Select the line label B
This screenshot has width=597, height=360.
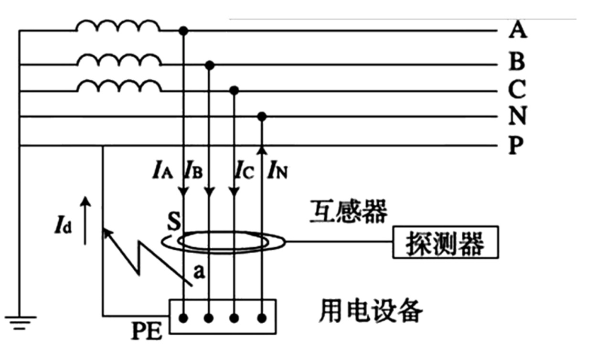pyautogui.click(x=517, y=62)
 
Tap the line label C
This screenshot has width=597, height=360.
pyautogui.click(x=517, y=89)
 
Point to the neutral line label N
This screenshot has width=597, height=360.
pyautogui.click(x=517, y=116)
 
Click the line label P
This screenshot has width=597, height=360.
pyautogui.click(x=514, y=145)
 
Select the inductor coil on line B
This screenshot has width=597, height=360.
pyautogui.click(x=119, y=60)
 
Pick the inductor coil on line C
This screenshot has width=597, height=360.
pyautogui.click(x=119, y=86)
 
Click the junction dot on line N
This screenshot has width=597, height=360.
pyautogui.click(x=261, y=116)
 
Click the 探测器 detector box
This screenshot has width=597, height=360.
pyautogui.click(x=445, y=243)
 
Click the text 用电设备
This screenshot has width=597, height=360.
pyautogui.click(x=371, y=311)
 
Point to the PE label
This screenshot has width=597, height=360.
pyautogui.click(x=146, y=331)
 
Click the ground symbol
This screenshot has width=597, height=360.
pyautogui.click(x=20, y=321)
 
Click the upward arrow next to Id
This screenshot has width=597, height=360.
pyautogui.click(x=85, y=220)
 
